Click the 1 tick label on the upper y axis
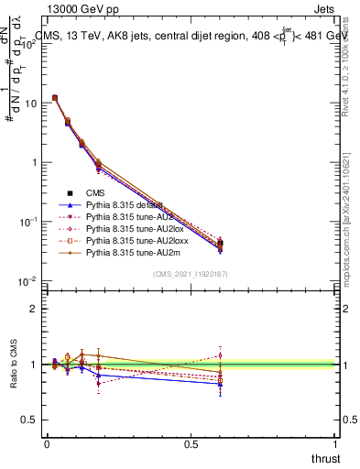35,163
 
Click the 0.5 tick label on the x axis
191,444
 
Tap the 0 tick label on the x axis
47,444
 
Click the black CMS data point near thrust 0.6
220,244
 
